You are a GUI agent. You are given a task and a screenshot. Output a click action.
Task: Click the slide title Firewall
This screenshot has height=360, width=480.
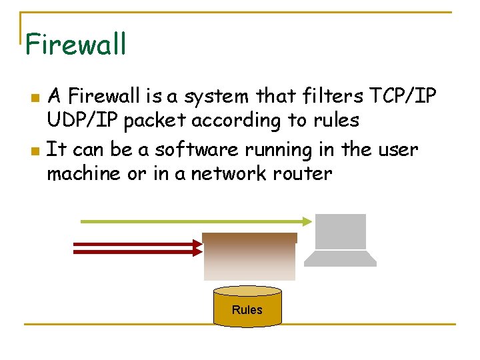(x=75, y=45)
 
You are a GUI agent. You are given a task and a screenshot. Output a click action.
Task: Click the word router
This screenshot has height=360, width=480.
(x=302, y=174)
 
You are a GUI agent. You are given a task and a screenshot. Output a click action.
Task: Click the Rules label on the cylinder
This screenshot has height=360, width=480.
(x=247, y=309)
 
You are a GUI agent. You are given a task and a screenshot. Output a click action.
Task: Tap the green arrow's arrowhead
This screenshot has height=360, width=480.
(x=307, y=221)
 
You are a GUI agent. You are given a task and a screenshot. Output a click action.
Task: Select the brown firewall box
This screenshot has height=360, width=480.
(x=249, y=256)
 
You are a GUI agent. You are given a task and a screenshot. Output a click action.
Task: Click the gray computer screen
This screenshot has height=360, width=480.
(x=340, y=231)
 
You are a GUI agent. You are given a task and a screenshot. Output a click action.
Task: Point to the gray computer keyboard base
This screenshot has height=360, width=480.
(x=340, y=259)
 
